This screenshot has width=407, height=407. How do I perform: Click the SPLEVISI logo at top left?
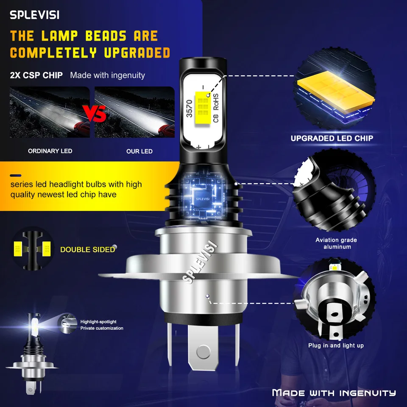(x=35, y=15)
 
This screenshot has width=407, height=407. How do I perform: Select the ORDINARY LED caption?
(x=50, y=151)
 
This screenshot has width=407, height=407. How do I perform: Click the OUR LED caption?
(x=139, y=151)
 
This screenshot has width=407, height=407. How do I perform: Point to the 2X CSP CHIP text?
(x=36, y=75)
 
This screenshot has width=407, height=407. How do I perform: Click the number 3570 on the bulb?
(x=190, y=108)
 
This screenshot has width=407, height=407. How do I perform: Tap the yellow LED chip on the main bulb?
(x=202, y=109)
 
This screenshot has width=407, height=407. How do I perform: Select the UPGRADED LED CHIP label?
(x=332, y=138)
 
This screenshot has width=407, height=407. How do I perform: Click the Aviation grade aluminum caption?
(x=336, y=243)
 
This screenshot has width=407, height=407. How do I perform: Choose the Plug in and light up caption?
(x=336, y=346)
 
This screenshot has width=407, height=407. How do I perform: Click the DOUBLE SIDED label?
(x=87, y=249)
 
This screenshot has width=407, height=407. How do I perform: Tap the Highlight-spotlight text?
(x=98, y=322)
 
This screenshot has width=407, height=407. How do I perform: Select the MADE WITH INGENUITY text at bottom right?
(x=334, y=393)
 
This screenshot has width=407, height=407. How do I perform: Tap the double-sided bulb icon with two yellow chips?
(x=33, y=249)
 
